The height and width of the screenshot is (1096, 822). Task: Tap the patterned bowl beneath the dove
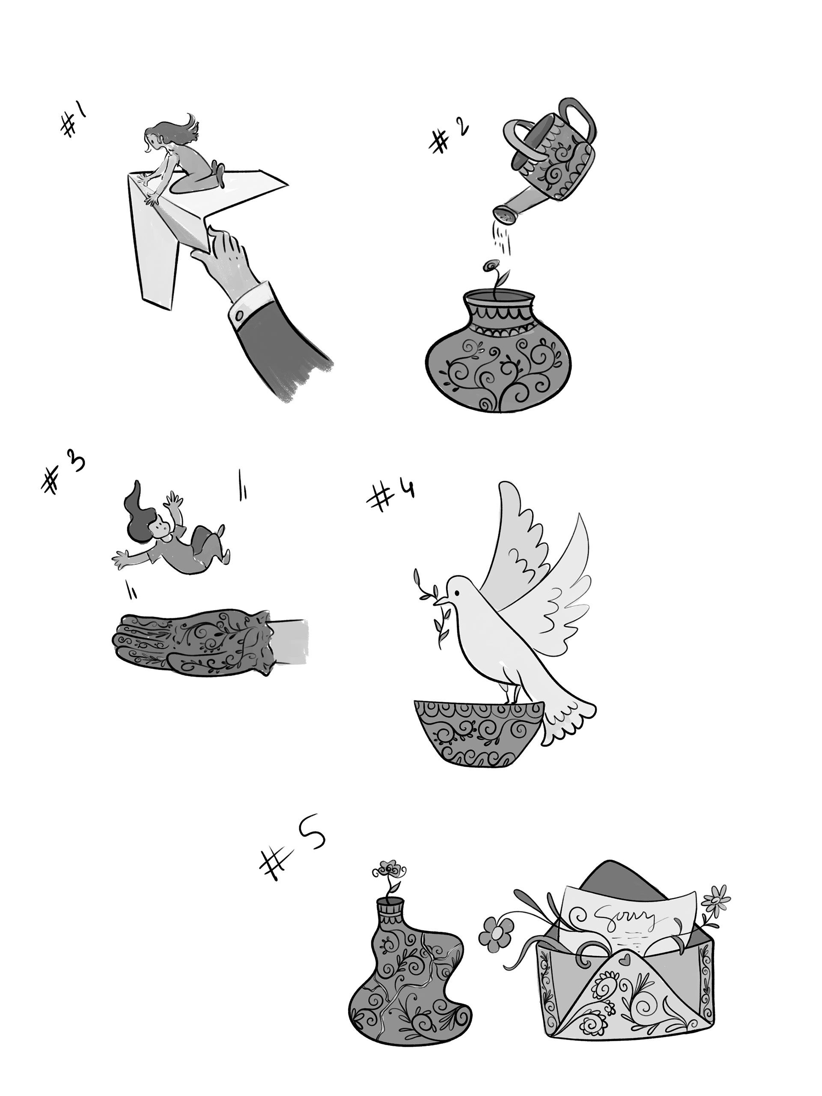[478, 733]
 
